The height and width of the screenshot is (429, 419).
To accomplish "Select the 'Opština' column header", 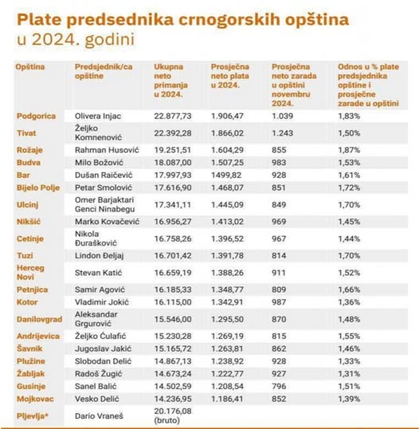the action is pos(30,67).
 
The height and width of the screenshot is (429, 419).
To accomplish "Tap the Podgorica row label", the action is pos(36,116).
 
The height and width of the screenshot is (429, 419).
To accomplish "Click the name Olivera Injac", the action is pos(98,116).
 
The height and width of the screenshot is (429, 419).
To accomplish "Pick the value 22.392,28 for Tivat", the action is pos(173,133).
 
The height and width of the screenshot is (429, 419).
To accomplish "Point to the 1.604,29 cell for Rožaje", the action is pos(227,150).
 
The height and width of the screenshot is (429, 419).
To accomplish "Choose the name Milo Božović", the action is pos(99,163).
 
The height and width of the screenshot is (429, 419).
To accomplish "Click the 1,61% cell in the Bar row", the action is pos(349,175).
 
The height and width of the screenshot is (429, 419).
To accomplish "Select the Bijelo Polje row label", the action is pos(38,188).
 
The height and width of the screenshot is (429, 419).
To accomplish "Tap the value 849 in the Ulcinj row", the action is pos(279,205).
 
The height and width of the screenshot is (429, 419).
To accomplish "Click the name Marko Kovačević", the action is pos(108,222).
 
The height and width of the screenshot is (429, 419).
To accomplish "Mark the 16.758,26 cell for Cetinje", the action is pos(173,238).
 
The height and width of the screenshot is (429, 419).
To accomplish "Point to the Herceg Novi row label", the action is pos(30,273).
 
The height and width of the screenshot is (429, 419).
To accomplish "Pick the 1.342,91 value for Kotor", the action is pos(227,302).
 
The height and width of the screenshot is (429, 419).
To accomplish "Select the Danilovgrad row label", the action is pos(39,319).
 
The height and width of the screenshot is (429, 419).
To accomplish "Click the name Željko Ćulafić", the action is pos(100,336).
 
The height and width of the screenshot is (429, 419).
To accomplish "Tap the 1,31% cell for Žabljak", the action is pos(349,374).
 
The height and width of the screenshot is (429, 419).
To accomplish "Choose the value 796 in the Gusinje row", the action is pos(279,386).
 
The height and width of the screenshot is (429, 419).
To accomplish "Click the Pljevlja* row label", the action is pos(32,416).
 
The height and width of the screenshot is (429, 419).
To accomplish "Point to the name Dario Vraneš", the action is pos(99,416).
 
